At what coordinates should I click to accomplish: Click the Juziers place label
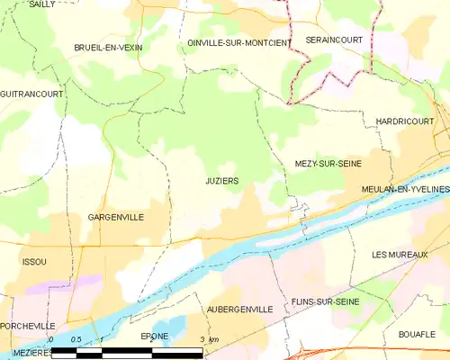216,181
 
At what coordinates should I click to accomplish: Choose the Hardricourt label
394,120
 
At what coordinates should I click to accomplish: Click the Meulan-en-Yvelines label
404,189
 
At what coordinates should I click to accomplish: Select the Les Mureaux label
399,256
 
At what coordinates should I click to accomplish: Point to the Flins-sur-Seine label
326,302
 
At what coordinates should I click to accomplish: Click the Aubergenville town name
239,309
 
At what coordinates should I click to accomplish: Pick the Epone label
155,336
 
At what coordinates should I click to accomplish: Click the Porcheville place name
28,326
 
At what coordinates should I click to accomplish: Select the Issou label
33,261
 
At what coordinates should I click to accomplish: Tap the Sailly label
41,4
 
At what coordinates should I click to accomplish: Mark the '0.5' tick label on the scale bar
76,339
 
